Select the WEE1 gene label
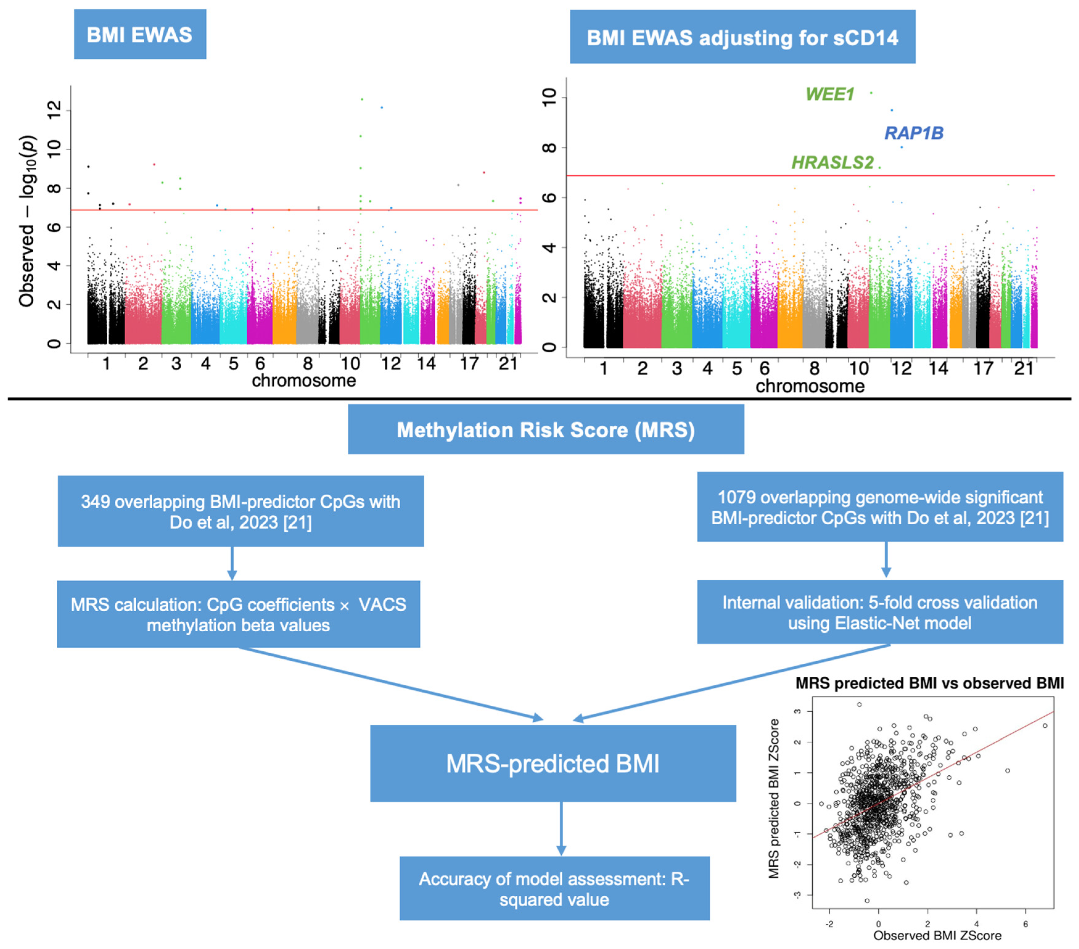click(x=829, y=95)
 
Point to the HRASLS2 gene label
click(x=832, y=163)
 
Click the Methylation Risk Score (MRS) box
click(x=546, y=430)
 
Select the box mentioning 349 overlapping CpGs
click(x=241, y=511)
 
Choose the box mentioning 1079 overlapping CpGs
click(x=880, y=507)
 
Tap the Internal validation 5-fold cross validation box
click(x=880, y=613)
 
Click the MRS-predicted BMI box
click(x=553, y=764)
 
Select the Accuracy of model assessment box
click(x=554, y=889)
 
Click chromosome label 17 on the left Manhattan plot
click(x=469, y=363)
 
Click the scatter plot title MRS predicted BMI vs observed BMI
click(x=929, y=683)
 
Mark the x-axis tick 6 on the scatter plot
click(x=1025, y=924)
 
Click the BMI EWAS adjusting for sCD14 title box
click(x=742, y=38)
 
